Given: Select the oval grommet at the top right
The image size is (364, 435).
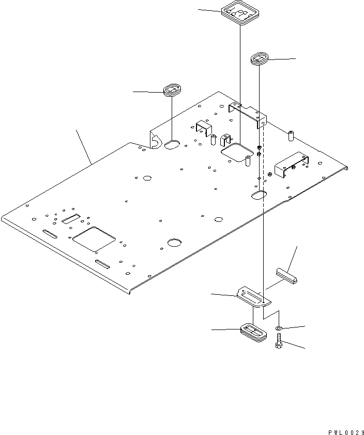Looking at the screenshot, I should [260, 59].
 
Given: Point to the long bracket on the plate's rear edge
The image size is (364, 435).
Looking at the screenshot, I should [247, 113].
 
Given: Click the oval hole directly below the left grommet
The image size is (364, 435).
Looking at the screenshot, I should [173, 146].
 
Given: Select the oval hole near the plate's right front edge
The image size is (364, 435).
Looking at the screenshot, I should [259, 195].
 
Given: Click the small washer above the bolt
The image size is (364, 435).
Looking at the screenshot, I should [279, 328].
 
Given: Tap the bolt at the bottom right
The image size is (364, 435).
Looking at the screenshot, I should [279, 341].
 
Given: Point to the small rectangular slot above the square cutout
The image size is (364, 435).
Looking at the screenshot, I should [71, 219].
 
